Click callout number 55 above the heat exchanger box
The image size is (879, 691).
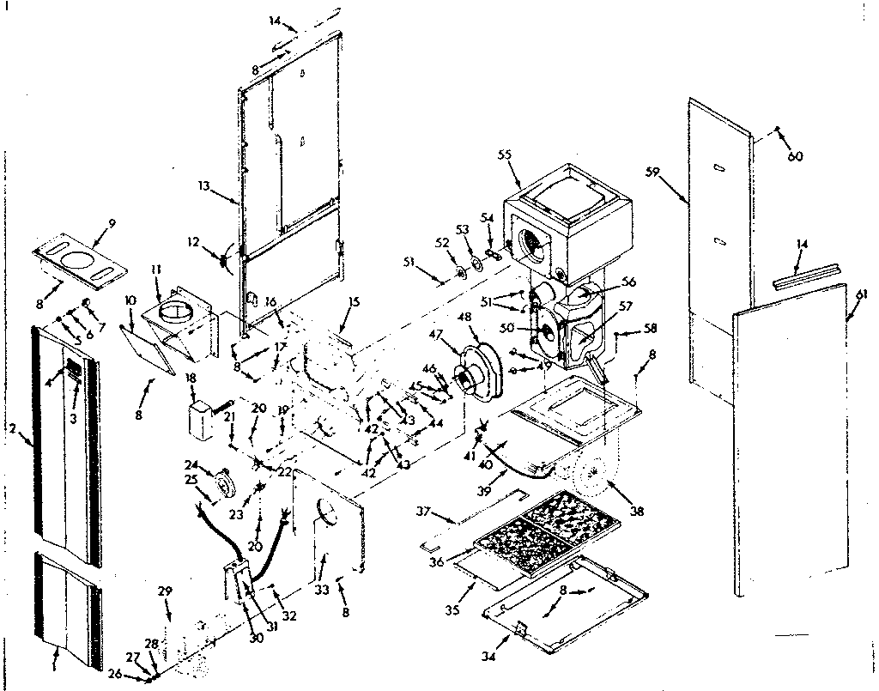pos(504,155)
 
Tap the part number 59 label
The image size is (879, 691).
pos(653,172)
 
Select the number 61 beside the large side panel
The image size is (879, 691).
pos(861,294)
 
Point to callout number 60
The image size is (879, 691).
pos(796,156)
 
